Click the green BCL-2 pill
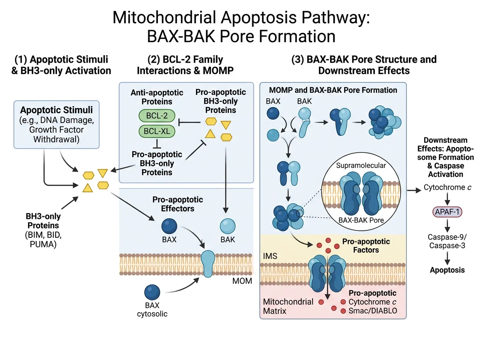pos(157,116)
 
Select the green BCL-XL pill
pos(157,131)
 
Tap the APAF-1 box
pos(447,212)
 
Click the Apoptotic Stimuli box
pos(57,125)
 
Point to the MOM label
pos(242,281)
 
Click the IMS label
pos(270,256)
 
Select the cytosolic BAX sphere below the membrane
pos(152,292)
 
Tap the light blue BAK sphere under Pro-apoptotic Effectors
pos(227,226)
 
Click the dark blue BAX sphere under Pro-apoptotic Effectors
pos(169,226)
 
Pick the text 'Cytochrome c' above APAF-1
pos(447,187)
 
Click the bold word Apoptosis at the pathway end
pos(447,270)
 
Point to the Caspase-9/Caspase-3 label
pos(447,241)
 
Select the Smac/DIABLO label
pos(373,311)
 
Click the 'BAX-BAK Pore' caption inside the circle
pos(361,220)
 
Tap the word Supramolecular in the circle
pos(361,166)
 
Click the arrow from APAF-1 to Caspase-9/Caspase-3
pos(447,225)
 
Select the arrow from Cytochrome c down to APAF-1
pos(447,199)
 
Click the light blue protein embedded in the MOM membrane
pos(208,264)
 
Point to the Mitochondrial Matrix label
pos(288,307)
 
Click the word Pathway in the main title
pos(335,18)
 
